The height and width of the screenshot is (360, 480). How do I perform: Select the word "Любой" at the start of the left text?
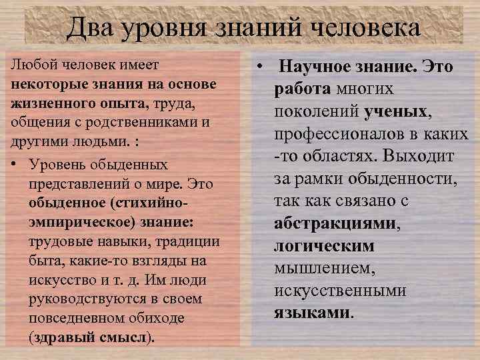tap(29, 65)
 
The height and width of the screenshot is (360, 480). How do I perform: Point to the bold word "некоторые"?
tap(44, 85)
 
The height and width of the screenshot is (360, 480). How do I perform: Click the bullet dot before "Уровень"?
tap(15, 163)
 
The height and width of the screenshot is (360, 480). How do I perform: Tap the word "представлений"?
tap(74, 182)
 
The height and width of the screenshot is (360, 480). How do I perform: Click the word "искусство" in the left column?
tap(59, 279)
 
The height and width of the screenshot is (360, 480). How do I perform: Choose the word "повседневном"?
tap(72, 318)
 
